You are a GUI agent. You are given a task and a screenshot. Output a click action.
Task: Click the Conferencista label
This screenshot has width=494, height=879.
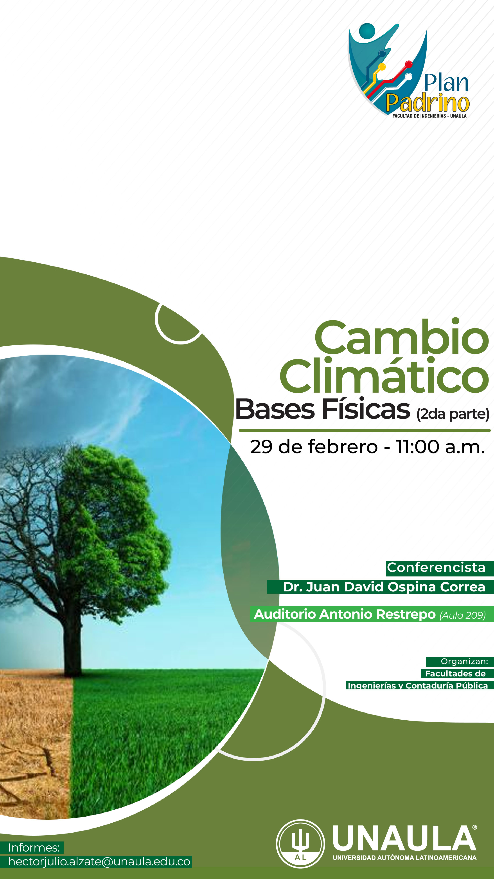436,567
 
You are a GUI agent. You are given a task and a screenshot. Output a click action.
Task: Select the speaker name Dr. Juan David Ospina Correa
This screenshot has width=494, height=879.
384,587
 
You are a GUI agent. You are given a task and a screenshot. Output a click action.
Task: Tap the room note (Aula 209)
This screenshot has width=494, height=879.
463,615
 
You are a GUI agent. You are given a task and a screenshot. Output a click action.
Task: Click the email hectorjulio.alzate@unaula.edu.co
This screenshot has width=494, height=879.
99,862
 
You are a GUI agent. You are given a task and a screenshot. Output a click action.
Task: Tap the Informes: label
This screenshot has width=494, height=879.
34,848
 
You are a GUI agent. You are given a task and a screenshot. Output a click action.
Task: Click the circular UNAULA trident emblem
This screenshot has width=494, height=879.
300,843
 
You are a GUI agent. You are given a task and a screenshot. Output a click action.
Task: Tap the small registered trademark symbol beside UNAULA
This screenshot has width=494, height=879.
474,827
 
